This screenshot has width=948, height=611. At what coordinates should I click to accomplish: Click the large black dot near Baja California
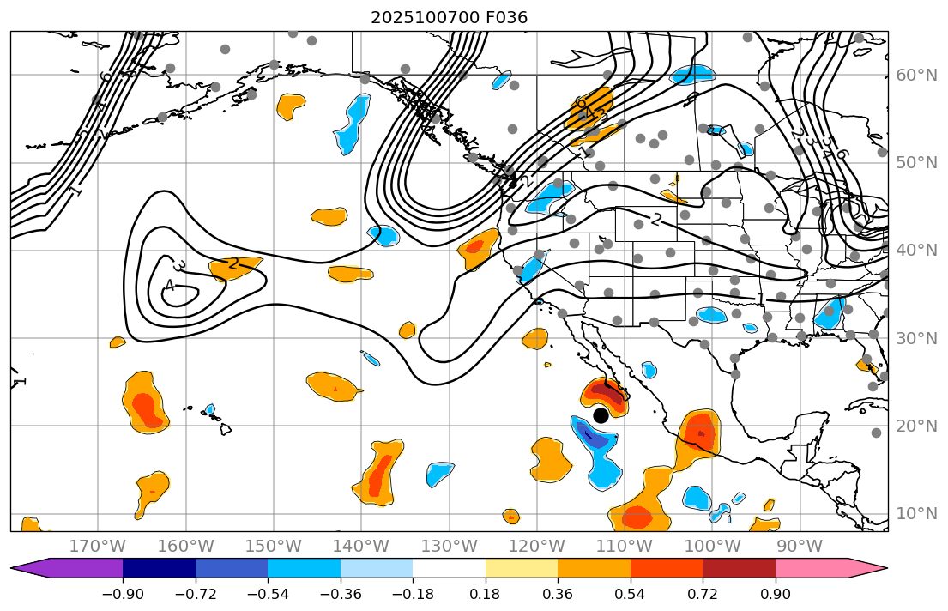[x=601, y=415]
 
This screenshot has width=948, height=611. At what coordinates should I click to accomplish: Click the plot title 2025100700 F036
[x=449, y=17]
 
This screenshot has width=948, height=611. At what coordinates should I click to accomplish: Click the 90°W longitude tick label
[x=800, y=547]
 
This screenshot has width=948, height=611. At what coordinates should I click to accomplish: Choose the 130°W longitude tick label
[x=450, y=547]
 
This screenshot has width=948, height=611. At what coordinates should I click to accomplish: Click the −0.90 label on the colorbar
[x=123, y=595]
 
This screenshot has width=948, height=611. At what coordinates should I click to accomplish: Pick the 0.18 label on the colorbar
[x=486, y=595]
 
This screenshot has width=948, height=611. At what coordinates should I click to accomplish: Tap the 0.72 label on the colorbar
[x=703, y=595]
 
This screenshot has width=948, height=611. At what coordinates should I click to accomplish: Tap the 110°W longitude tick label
[x=625, y=547]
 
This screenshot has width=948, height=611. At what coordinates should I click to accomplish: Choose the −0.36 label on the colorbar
[x=341, y=595]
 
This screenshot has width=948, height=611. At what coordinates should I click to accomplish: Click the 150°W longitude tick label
[x=274, y=547]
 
